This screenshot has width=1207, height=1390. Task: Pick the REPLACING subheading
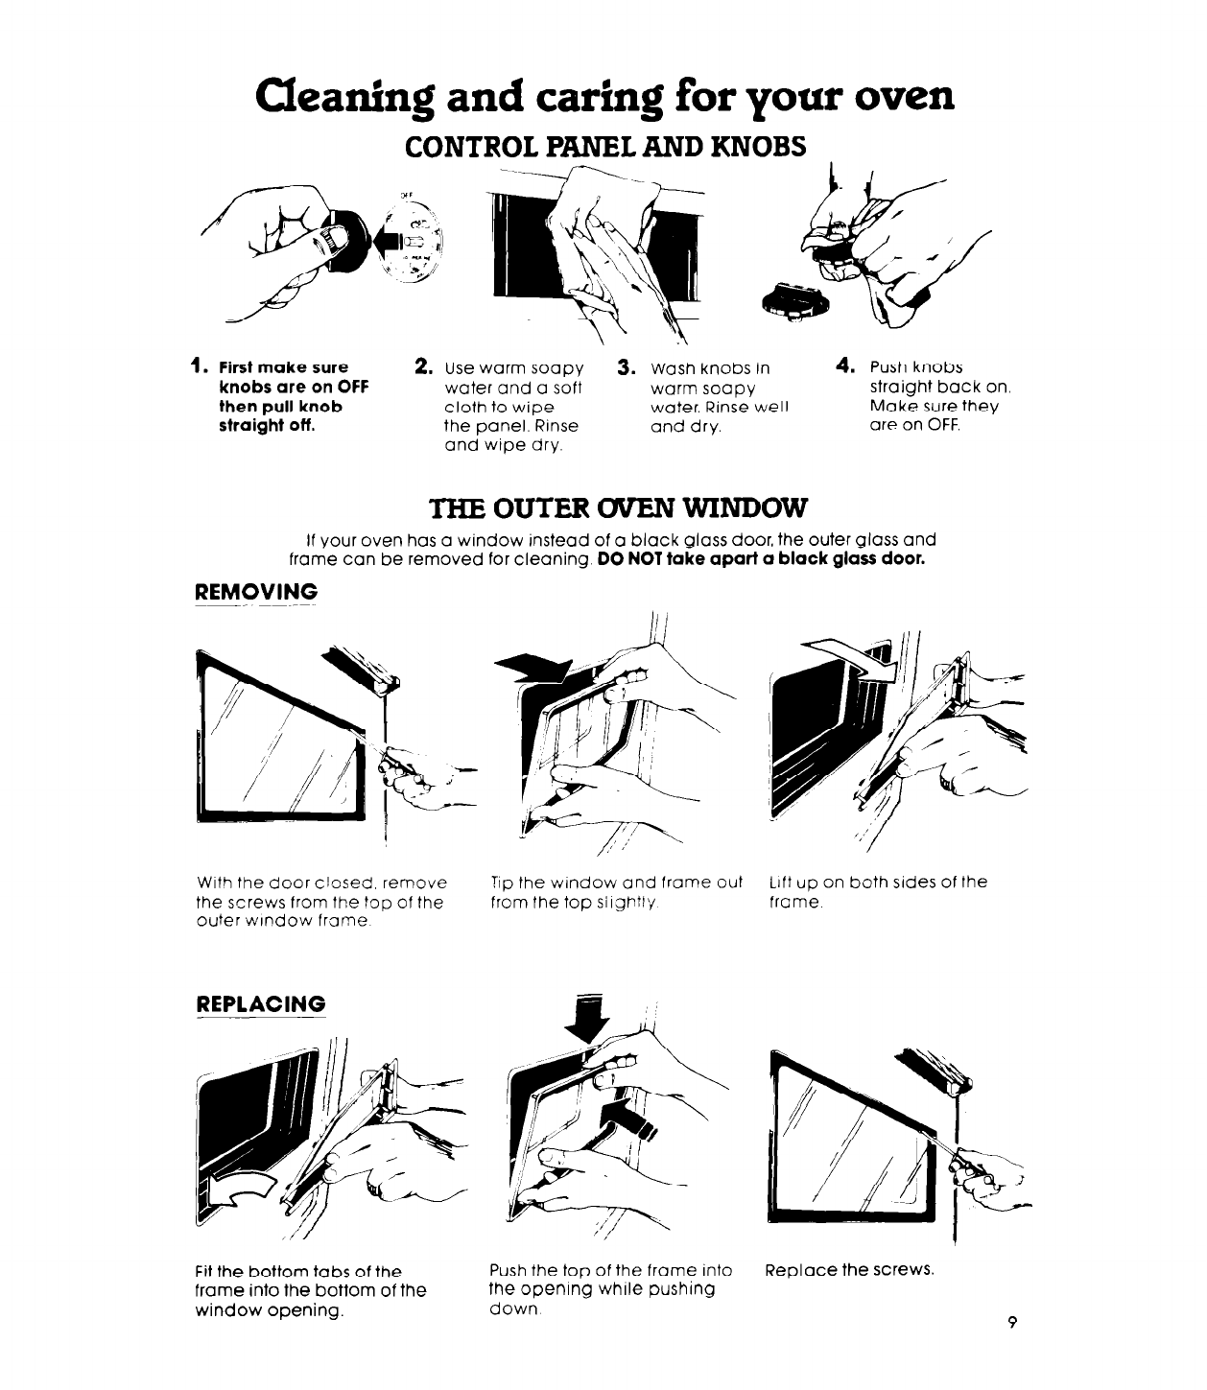[260, 1004]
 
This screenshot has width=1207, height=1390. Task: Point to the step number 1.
[196, 365]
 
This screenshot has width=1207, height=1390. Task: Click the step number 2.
[420, 365]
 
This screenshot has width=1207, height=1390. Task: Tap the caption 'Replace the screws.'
[848, 1270]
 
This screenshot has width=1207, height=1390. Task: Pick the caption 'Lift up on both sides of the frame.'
[878, 891]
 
